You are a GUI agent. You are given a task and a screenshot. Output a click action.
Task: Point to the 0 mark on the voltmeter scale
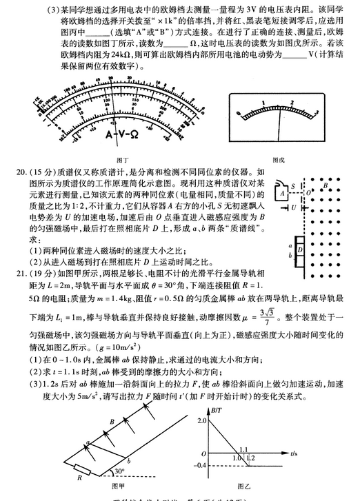click(x=239, y=112)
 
